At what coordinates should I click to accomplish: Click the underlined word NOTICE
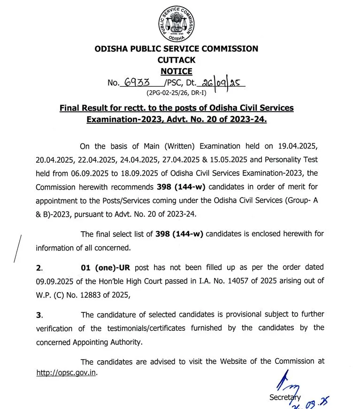[x=176, y=71]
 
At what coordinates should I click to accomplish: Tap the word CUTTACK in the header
[x=176, y=60]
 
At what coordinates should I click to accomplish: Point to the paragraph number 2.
[x=39, y=268]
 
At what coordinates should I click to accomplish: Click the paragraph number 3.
[x=39, y=315]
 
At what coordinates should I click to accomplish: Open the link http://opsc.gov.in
[x=66, y=374]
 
